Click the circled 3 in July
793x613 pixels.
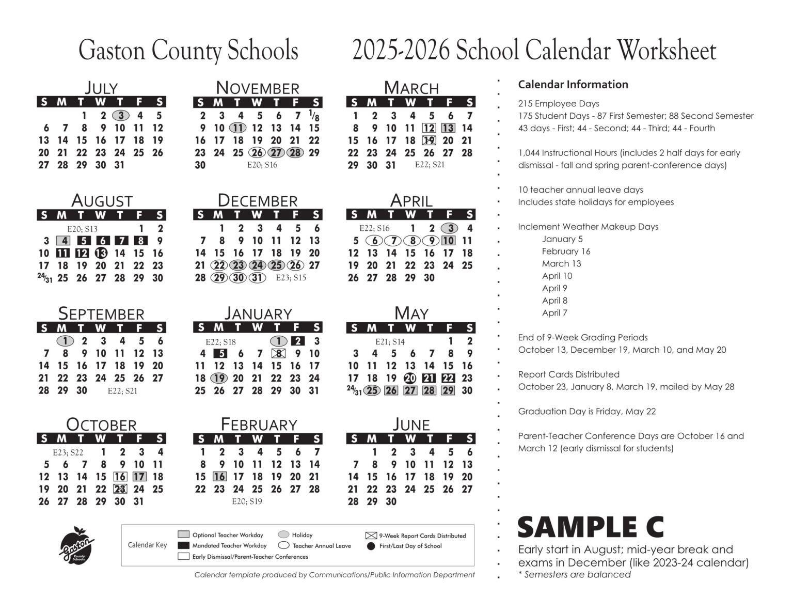click(x=120, y=116)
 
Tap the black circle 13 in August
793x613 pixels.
click(x=101, y=253)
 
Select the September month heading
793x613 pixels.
click(x=101, y=313)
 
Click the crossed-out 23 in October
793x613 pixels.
click(x=120, y=489)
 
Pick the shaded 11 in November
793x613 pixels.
click(x=237, y=128)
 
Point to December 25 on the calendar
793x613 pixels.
click(x=276, y=265)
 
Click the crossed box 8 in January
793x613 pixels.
click(x=278, y=354)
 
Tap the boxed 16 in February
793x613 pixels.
click(x=219, y=476)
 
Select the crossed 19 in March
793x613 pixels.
click(x=429, y=140)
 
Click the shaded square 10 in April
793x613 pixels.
click(x=448, y=241)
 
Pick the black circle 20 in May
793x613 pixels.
click(x=410, y=379)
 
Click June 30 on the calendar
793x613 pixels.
click(x=391, y=501)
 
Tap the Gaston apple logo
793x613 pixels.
click(x=77, y=546)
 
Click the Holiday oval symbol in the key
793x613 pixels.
click(x=283, y=535)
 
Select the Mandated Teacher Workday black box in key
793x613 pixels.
click(x=183, y=545)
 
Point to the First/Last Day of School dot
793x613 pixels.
click(x=370, y=546)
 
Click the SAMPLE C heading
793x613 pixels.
click(x=590, y=527)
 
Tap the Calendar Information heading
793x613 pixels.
click(x=573, y=85)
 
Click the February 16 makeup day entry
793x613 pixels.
click(x=566, y=252)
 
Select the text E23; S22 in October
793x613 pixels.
click(x=68, y=452)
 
